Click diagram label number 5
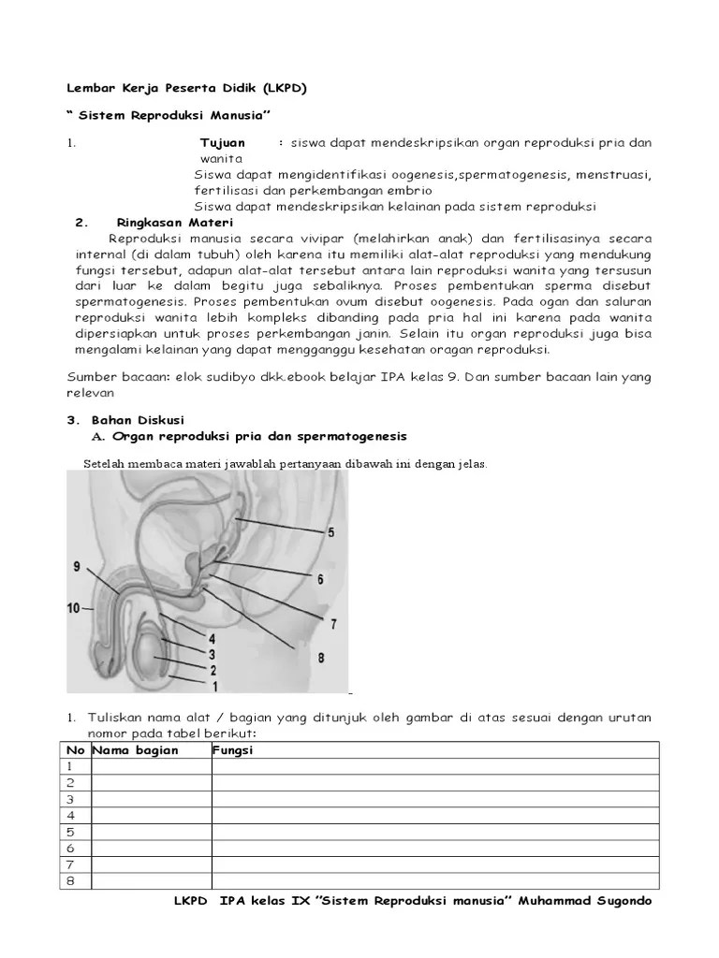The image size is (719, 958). [330, 532]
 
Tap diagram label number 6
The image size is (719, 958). [320, 579]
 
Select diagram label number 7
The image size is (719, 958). [333, 623]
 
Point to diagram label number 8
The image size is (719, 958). [320, 659]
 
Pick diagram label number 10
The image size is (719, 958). [73, 608]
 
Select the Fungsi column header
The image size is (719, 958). [234, 750]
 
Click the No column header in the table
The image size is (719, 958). [75, 750]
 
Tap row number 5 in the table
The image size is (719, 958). [70, 832]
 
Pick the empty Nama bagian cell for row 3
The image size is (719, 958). [151, 799]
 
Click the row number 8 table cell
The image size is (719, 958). [70, 880]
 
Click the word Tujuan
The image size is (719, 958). [223, 142]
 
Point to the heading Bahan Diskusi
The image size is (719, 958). [136, 420]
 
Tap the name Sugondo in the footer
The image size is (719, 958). [618, 901]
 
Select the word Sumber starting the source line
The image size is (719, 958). [91, 377]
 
